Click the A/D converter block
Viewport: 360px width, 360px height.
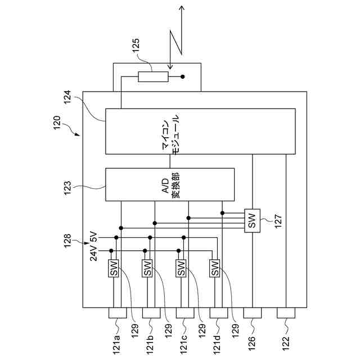pyautogui.click(x=170, y=184)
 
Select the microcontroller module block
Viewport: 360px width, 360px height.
pyautogui.click(x=200, y=131)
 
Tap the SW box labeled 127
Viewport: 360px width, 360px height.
pyautogui.click(x=252, y=220)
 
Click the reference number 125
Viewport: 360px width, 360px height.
pyautogui.click(x=136, y=46)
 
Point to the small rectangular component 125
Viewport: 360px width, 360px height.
pyautogui.click(x=153, y=76)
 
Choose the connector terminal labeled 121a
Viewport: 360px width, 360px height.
pyautogui.click(x=118, y=313)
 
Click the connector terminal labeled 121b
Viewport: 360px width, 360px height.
pyautogui.click(x=151, y=313)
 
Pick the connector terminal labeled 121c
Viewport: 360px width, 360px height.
pyautogui.click(x=185, y=313)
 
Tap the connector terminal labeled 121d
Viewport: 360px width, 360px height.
pyautogui.click(x=219, y=313)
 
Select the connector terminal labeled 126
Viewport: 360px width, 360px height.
pyautogui.click(x=253, y=313)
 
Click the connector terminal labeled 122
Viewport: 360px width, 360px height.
pyautogui.click(x=286, y=313)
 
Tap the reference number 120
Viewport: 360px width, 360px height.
pyautogui.click(x=57, y=123)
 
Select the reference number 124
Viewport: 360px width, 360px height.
pyautogui.click(x=67, y=97)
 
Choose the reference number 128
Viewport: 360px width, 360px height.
pyautogui.click(x=67, y=241)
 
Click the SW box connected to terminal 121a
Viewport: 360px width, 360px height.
pyautogui.click(x=114, y=268)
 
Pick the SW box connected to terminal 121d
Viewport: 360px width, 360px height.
pyautogui.click(x=215, y=268)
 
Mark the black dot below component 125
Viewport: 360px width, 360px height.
pyautogui.click(x=182, y=76)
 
